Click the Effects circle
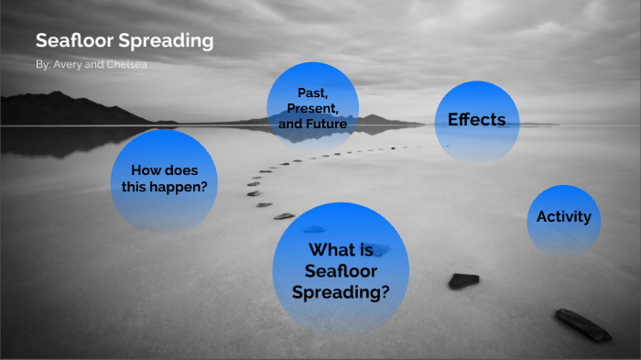(x=477, y=120)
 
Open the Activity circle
(x=563, y=217)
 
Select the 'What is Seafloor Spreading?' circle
(x=341, y=268)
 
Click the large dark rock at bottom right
(x=581, y=322)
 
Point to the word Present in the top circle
(x=313, y=107)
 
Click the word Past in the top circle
(x=311, y=93)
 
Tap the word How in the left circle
(x=147, y=169)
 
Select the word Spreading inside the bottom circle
(x=341, y=292)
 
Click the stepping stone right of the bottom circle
(x=463, y=280)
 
